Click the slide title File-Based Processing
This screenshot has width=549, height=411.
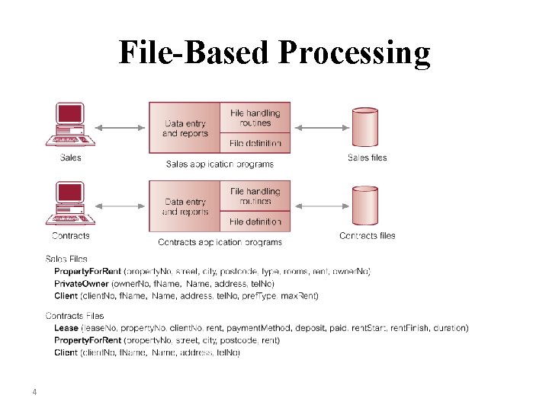(x=274, y=53)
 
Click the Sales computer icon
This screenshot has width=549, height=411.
(x=70, y=125)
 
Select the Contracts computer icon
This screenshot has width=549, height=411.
(x=70, y=203)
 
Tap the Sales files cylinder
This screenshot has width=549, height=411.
(x=364, y=128)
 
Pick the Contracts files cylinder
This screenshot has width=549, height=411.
(x=364, y=206)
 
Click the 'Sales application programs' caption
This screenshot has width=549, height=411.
(x=220, y=164)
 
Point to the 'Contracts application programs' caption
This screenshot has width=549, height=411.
(x=220, y=242)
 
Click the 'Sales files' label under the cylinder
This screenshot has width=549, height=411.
(x=367, y=158)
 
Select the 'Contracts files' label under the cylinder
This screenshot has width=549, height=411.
(x=367, y=236)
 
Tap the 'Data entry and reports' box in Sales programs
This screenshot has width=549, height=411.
(x=185, y=129)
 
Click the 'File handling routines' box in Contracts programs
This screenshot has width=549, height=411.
(x=255, y=196)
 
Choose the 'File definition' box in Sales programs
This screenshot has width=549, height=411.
(x=255, y=143)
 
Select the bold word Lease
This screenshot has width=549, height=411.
(x=66, y=328)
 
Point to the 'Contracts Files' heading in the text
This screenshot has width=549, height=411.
(x=75, y=315)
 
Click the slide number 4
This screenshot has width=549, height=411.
(x=34, y=393)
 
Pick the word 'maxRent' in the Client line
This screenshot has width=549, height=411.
(x=300, y=295)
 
